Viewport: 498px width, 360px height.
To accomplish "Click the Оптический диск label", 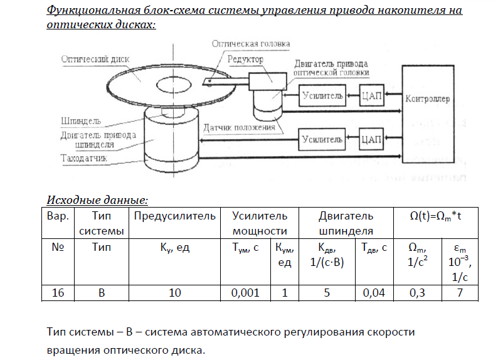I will (x=95, y=58).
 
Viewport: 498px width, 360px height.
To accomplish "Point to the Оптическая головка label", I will (x=251, y=44).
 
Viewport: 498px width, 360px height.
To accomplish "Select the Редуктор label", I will (x=245, y=58).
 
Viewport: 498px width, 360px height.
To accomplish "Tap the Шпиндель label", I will (x=81, y=120).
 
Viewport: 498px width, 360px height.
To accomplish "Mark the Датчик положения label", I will (x=239, y=128).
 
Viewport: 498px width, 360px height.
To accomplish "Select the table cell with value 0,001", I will (x=246, y=292).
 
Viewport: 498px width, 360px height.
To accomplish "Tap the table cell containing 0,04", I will (x=374, y=292).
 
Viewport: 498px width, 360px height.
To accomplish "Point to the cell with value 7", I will (x=460, y=292).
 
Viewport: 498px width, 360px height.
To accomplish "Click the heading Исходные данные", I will (x=97, y=200).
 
